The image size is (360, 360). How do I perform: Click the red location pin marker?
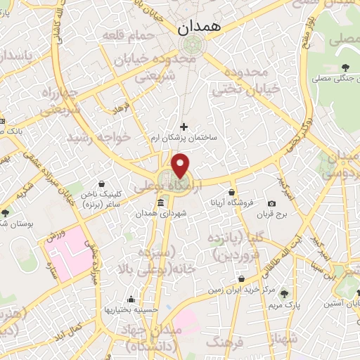[181, 166]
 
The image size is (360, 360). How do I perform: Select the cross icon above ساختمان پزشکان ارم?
[184, 127]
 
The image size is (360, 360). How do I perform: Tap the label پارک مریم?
[285, 307]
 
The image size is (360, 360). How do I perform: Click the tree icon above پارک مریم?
[285, 294]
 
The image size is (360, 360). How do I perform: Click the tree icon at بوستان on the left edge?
[6, 212]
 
